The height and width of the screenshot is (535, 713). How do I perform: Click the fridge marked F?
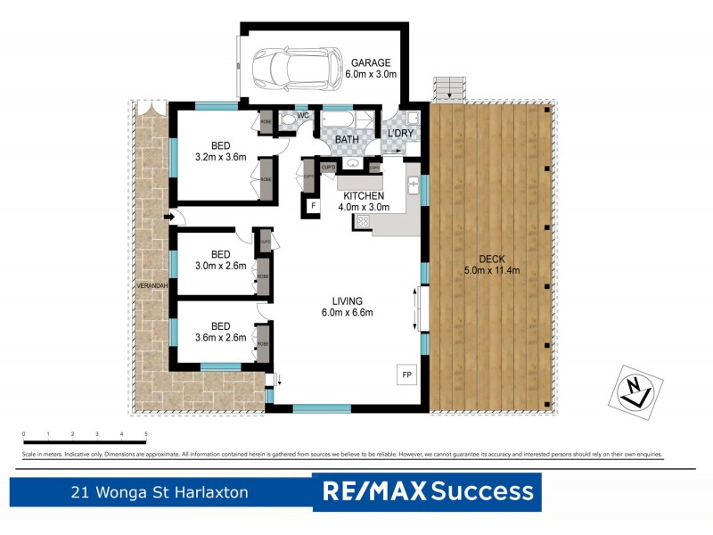[313, 207]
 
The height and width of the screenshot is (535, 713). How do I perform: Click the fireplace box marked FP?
[406, 374]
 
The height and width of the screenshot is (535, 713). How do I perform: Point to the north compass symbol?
[636, 391]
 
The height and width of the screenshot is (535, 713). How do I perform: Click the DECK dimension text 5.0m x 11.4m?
[491, 270]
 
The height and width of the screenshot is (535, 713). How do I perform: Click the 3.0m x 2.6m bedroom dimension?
[220, 265]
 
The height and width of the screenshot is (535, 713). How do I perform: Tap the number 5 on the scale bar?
[145, 433]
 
